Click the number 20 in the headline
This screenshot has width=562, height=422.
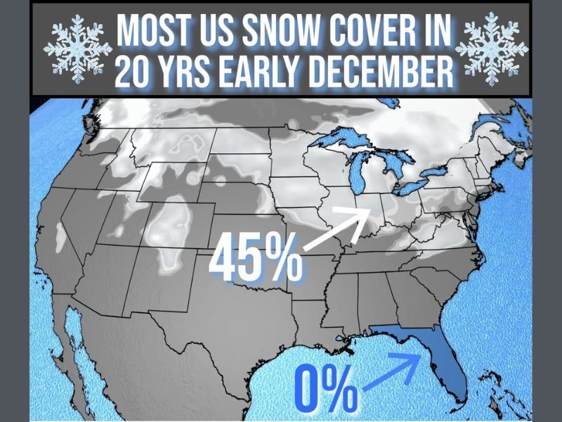point(134,72)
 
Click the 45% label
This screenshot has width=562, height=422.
point(256,259)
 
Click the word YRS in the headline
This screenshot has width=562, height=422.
point(186,72)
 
